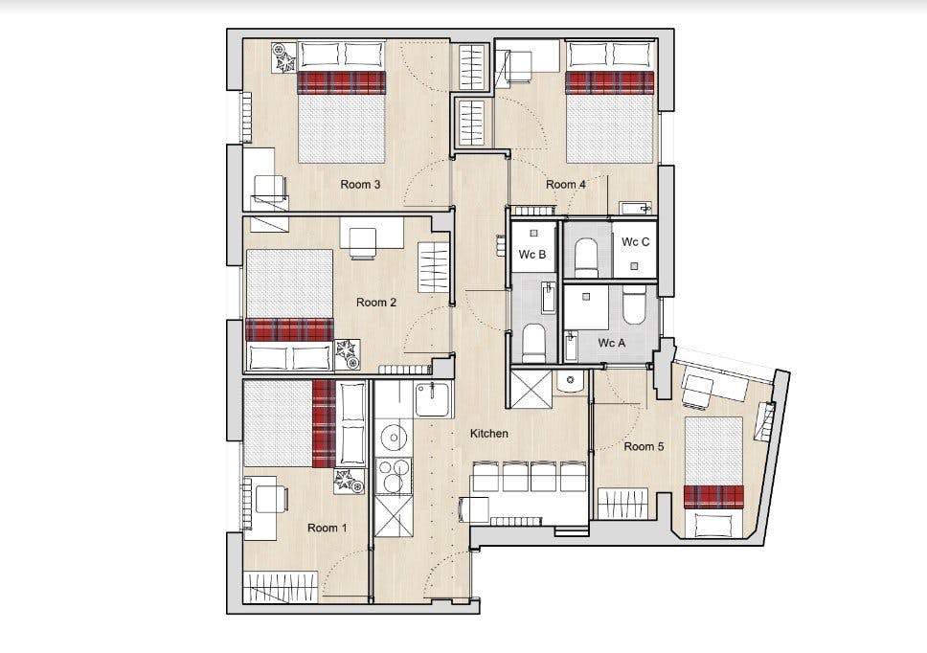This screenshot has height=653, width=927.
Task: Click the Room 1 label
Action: pyautogui.click(x=327, y=528)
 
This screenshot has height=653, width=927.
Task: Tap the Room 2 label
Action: pyautogui.click(x=376, y=302)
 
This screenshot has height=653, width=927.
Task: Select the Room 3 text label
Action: pyautogui.click(x=360, y=185)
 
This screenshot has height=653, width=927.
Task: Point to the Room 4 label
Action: pyautogui.click(x=566, y=185)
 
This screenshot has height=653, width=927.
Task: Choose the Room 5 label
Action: pyautogui.click(x=644, y=447)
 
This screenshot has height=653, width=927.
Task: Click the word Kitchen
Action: pyautogui.click(x=489, y=433)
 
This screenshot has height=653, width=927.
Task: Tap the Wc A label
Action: pyautogui.click(x=611, y=343)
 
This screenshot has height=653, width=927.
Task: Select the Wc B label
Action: pyautogui.click(x=532, y=254)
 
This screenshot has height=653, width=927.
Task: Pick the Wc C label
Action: pyautogui.click(x=636, y=241)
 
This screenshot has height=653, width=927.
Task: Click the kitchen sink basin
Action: pyautogui.click(x=433, y=399)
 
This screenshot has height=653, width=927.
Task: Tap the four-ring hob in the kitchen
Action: pyautogui.click(x=394, y=475)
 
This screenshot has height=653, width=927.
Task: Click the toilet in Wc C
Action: pyautogui.click(x=587, y=258)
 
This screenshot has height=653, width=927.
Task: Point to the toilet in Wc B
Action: pyautogui.click(x=533, y=343)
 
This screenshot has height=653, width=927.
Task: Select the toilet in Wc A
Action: pyautogui.click(x=634, y=304)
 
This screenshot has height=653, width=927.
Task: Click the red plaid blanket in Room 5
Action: pyautogui.click(x=713, y=496)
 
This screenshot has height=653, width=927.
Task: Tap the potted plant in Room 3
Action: pyautogui.click(x=284, y=57)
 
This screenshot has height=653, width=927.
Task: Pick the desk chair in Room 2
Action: pyautogui.click(x=362, y=244)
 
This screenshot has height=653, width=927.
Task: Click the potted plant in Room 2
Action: pyautogui.click(x=348, y=354)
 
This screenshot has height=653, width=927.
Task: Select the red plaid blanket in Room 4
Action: pyautogui.click(x=609, y=82)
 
